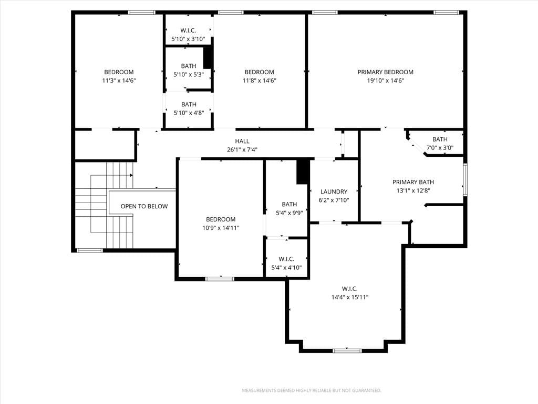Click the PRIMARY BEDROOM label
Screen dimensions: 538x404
pyautogui.click(x=385, y=72)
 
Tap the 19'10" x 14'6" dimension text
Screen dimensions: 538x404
pyautogui.click(x=385, y=80)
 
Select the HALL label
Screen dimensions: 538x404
pyautogui.click(x=242, y=141)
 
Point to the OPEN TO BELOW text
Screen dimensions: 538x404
pyautogui.click(x=144, y=206)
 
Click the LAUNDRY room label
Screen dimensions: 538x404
pyautogui.click(x=334, y=191)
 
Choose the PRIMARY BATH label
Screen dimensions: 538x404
pyautogui.click(x=413, y=182)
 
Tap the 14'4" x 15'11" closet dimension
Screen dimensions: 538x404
pyautogui.click(x=349, y=298)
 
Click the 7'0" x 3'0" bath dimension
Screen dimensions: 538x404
pyautogui.click(x=440, y=148)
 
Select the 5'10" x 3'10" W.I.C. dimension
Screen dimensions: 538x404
pyautogui.click(x=188, y=39)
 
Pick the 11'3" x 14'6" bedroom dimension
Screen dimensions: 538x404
pyautogui.click(x=119, y=80)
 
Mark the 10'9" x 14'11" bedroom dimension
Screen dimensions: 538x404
pyautogui.click(x=221, y=228)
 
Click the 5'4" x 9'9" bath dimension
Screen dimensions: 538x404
pyautogui.click(x=289, y=213)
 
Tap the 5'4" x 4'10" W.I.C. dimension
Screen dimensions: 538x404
pyautogui.click(x=286, y=268)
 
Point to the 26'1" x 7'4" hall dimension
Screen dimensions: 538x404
pyautogui.click(x=242, y=150)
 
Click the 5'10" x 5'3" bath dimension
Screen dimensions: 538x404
pyautogui.click(x=189, y=75)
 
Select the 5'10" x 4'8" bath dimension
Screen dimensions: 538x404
pyautogui.click(x=189, y=113)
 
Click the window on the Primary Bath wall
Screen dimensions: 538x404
pyautogui.click(x=465, y=180)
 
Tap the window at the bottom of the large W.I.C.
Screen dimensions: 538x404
pyautogui.click(x=347, y=351)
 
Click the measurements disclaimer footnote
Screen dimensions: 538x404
pyautogui.click(x=312, y=391)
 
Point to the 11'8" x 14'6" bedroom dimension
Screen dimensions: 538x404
pyautogui.click(x=260, y=80)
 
